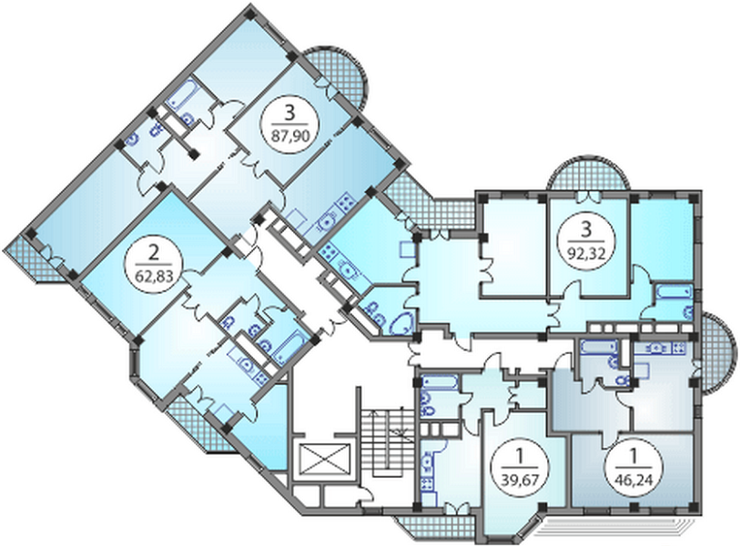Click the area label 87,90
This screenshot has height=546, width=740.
click(290, 136)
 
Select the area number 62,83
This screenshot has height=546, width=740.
click(154, 276)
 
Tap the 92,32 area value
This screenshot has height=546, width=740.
click(585, 250)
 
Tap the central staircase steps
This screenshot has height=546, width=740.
click(387, 442)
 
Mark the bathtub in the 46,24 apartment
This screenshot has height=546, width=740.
click(598, 347)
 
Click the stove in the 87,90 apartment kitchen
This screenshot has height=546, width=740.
click(347, 201)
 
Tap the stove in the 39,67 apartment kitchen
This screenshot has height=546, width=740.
click(427, 484)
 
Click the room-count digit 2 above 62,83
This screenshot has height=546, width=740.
click(153, 254)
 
